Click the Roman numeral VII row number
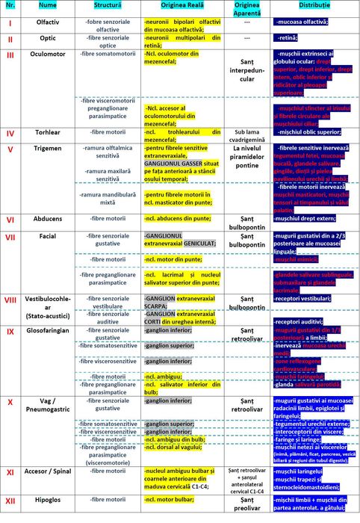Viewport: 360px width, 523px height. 10,237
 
